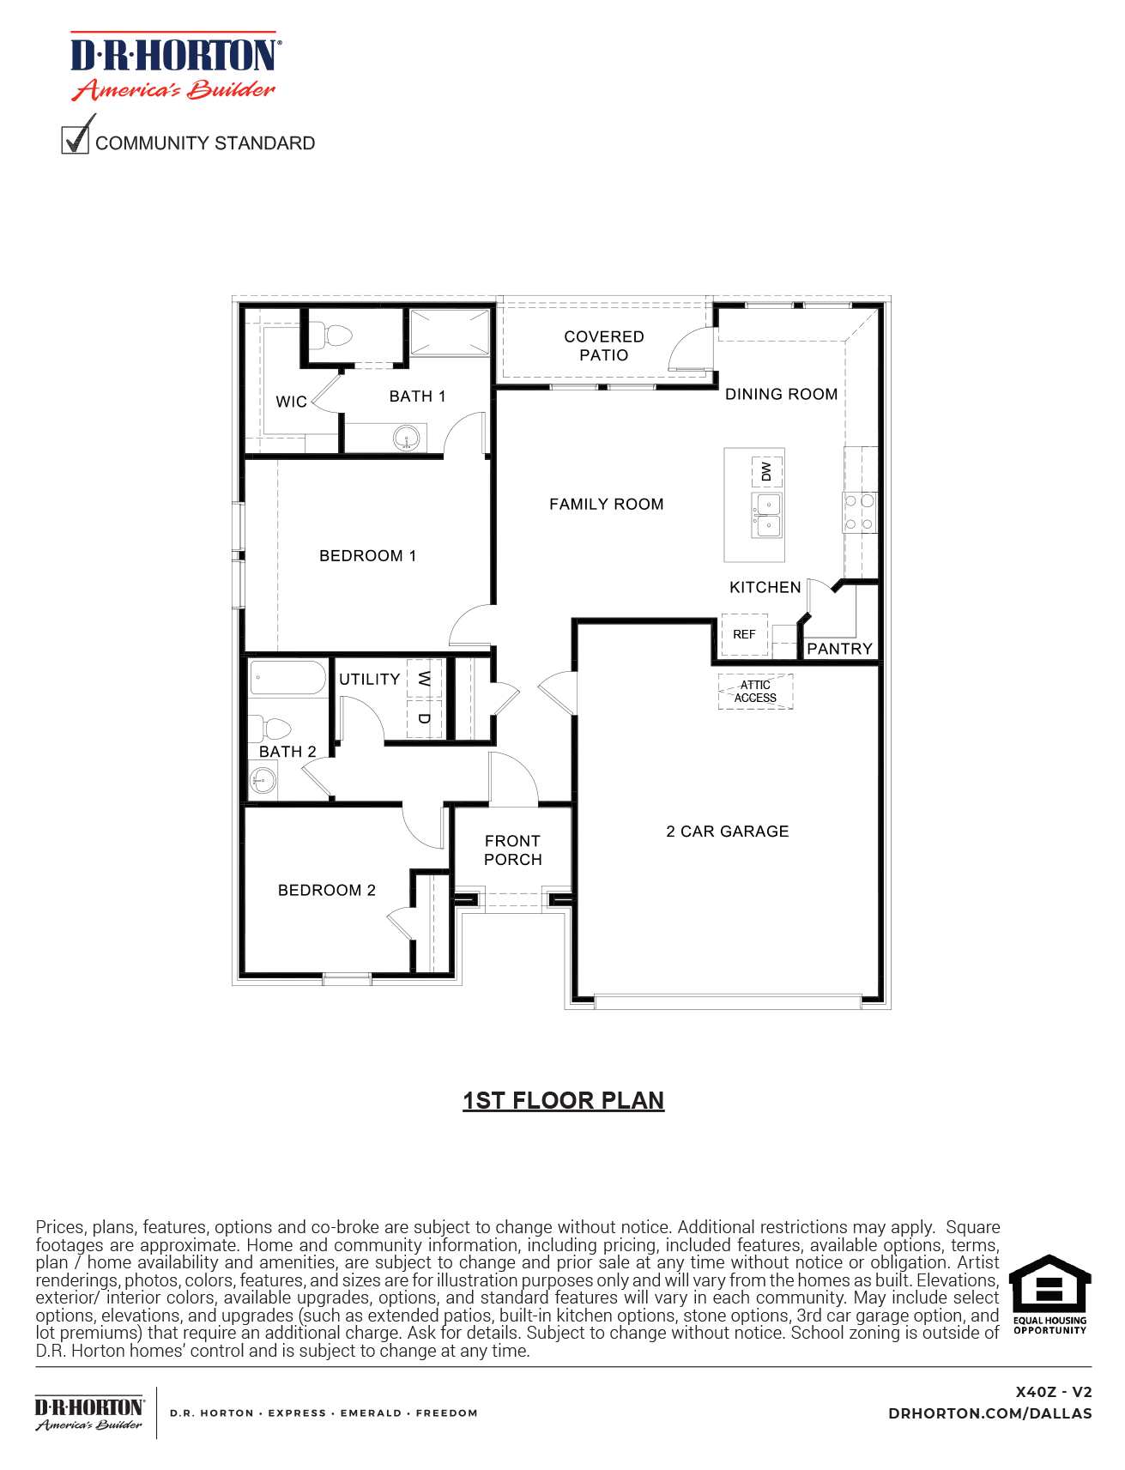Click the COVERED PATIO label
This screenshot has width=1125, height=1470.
(603, 346)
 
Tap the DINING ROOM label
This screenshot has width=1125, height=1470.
(781, 394)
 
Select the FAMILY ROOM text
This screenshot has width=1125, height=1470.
(606, 504)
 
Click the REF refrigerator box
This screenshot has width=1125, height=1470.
(744, 634)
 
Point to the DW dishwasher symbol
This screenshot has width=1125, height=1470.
(766, 471)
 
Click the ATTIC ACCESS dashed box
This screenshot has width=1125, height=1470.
(755, 692)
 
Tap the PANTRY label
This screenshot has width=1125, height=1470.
(839, 649)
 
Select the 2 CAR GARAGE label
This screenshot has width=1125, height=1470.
(727, 831)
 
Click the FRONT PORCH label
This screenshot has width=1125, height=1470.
(512, 850)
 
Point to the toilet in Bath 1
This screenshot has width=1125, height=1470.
(331, 335)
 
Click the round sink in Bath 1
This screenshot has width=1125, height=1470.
(408, 439)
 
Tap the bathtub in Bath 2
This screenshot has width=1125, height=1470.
(287, 677)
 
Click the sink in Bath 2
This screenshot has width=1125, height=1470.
(263, 780)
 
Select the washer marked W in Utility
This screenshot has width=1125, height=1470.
(424, 679)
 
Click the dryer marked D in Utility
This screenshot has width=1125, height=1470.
(424, 718)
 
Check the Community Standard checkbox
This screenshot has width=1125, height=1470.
(76, 140)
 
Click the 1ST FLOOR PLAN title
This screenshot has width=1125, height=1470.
(563, 1100)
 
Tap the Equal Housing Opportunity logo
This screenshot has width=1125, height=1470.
(1049, 1294)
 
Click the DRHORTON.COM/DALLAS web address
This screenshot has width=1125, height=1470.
(989, 1413)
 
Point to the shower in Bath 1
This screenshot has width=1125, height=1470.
(450, 332)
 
